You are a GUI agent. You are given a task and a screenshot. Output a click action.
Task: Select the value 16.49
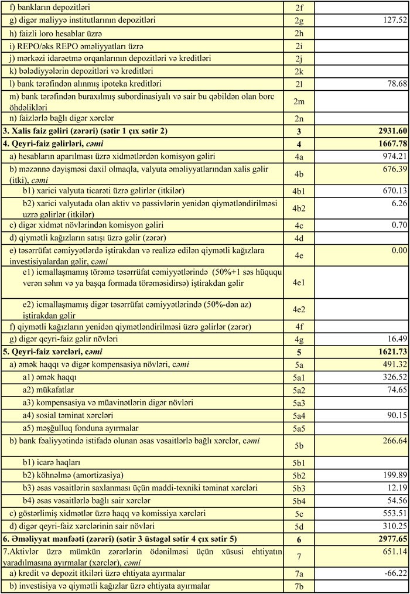[x=393, y=339]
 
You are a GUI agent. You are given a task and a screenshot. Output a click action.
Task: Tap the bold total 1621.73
[x=388, y=352]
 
